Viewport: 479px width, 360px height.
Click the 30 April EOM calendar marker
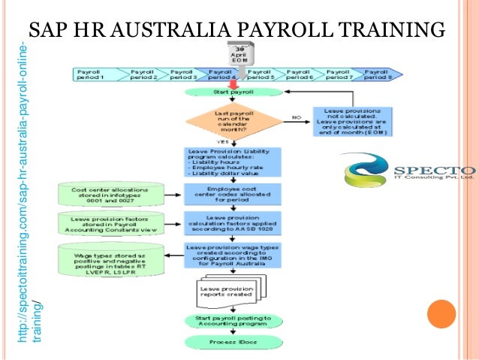point(241,53)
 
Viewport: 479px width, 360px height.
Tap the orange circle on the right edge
point(441,315)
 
